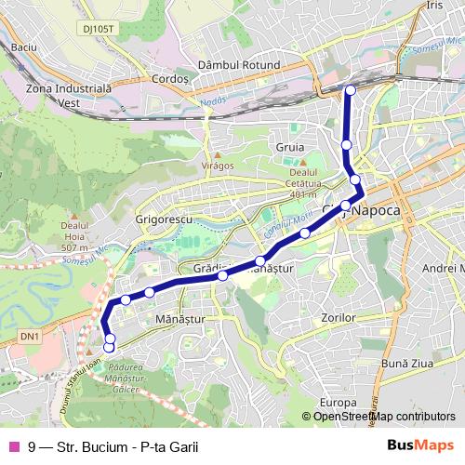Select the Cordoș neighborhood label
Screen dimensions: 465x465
tap(171, 81)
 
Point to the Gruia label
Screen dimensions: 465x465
tap(290, 147)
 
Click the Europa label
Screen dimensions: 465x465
tap(332, 402)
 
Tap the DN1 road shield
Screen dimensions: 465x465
tap(31, 335)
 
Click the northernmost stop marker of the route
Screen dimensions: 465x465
tap(350, 90)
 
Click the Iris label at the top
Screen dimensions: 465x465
tap(433, 6)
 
